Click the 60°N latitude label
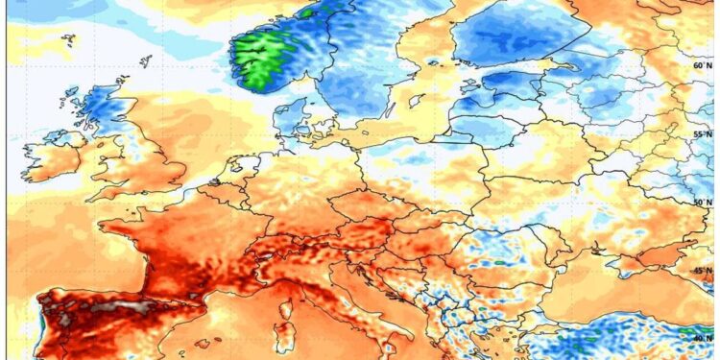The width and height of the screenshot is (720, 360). coord(702,66)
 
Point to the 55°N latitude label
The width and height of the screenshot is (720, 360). coord(702,134)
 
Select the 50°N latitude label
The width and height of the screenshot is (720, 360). coord(702,202)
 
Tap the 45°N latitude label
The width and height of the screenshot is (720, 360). coord(702,271)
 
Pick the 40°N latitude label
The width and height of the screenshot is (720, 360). coord(702,337)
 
